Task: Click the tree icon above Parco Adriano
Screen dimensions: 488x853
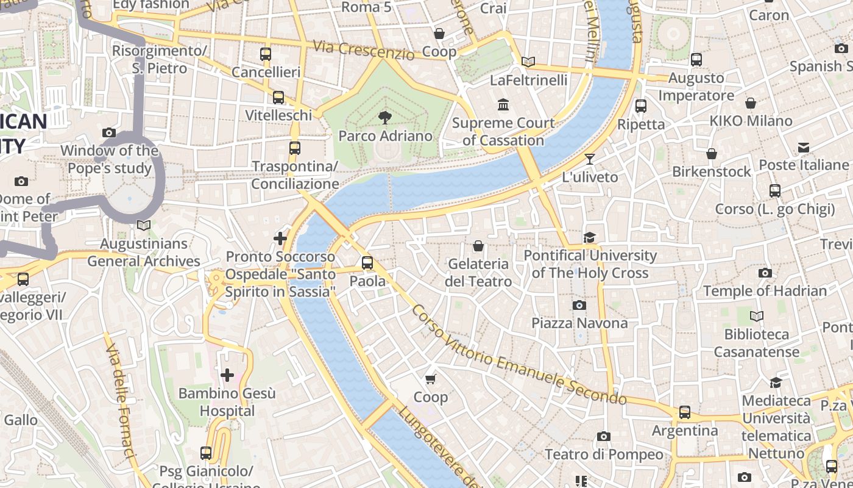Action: click(x=384, y=117)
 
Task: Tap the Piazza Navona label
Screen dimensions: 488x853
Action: click(x=579, y=323)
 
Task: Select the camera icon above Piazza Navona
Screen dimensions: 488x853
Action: click(x=579, y=305)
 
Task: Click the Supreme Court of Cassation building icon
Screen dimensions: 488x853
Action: click(x=503, y=105)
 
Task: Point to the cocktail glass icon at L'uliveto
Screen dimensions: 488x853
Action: click(x=589, y=159)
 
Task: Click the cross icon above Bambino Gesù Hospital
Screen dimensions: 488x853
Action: click(x=227, y=375)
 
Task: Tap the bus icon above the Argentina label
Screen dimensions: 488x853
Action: click(x=685, y=412)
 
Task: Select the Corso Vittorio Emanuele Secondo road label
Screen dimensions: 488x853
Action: click(x=518, y=356)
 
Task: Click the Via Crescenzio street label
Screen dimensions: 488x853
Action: click(x=364, y=50)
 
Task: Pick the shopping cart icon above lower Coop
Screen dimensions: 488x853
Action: click(x=430, y=379)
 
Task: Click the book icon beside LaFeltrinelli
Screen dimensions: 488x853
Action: click(x=528, y=62)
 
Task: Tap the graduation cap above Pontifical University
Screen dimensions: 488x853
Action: click(x=589, y=237)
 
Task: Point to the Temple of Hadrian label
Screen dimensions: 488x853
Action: click(x=765, y=291)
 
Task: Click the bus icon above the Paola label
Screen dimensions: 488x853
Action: click(x=367, y=263)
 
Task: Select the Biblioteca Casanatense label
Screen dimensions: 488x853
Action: click(x=756, y=343)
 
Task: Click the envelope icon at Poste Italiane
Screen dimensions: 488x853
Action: click(x=803, y=148)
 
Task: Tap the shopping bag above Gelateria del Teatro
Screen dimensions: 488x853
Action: click(x=478, y=246)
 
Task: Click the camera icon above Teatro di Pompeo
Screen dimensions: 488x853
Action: click(x=603, y=436)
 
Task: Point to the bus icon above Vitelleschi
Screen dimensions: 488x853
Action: click(x=278, y=97)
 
